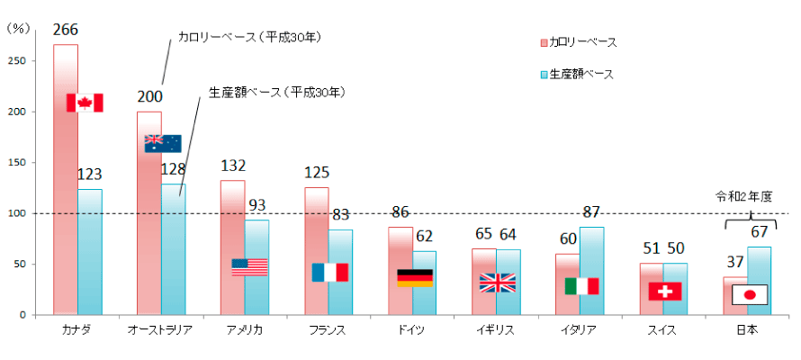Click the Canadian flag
click(x=85, y=103)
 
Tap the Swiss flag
click(x=665, y=291)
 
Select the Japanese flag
click(x=749, y=294)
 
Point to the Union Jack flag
click(x=497, y=283)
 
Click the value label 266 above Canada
click(x=65, y=30)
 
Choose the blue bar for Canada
click(x=90, y=252)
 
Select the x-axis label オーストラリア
click(x=161, y=330)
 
